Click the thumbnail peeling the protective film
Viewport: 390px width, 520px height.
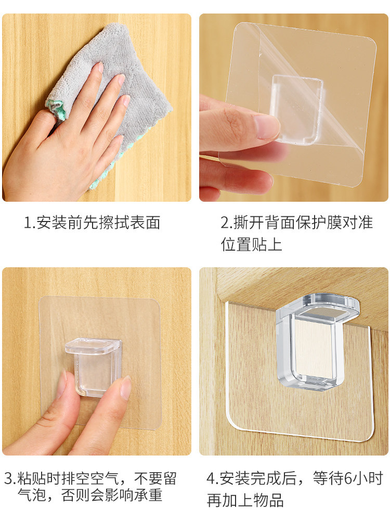(x=294, y=108)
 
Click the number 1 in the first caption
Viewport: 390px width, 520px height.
(x=28, y=223)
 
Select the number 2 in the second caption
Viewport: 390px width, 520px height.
(x=225, y=223)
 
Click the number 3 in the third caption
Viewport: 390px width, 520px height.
(x=9, y=478)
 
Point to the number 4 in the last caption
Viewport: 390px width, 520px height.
(x=211, y=478)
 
